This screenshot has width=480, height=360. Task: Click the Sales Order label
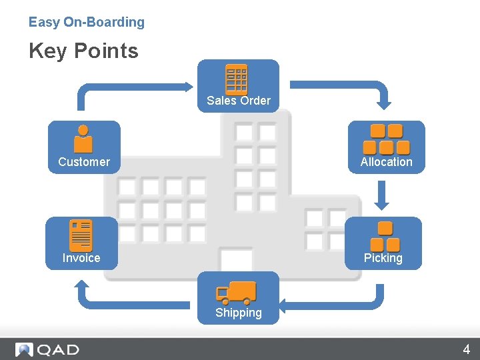click(238, 101)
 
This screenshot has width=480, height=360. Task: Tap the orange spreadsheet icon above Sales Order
click(237, 80)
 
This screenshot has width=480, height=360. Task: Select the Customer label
click(84, 162)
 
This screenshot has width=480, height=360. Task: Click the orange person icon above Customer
click(83, 139)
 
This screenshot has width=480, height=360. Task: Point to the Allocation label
click(386, 162)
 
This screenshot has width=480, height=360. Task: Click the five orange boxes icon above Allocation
click(386, 139)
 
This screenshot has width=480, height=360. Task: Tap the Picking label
click(383, 258)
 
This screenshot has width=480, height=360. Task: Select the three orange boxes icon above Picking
click(384, 236)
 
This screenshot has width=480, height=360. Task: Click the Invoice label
click(81, 258)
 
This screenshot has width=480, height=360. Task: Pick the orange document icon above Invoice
click(81, 235)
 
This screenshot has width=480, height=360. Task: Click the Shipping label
click(238, 313)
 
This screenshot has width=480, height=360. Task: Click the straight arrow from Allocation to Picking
click(382, 194)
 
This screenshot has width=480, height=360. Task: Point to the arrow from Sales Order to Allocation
click(347, 86)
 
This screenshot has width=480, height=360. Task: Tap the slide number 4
click(467, 349)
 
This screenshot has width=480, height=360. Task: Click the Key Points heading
click(83, 51)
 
